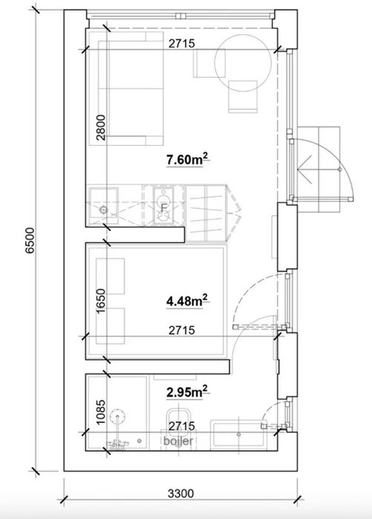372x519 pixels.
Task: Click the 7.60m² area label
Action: pyautogui.click(x=187, y=160)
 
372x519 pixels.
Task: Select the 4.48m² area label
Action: pyautogui.click(x=187, y=301)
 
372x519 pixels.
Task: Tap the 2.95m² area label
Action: pyautogui.click(x=187, y=392)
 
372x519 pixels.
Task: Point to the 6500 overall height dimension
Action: pyautogui.click(x=30, y=241)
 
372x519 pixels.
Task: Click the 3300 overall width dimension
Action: pyautogui.click(x=181, y=494)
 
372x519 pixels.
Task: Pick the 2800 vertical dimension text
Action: pyautogui.click(x=101, y=128)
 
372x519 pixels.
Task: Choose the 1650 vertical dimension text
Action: pyautogui.click(x=101, y=301)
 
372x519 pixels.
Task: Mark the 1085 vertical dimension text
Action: pyautogui.click(x=101, y=412)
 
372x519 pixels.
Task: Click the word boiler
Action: pyautogui.click(x=178, y=441)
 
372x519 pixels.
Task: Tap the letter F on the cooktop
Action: pyautogui.click(x=163, y=208)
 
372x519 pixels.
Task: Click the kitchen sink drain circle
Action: pyautogui.click(x=104, y=209)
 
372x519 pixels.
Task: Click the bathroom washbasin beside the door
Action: pyautogui.click(x=239, y=434)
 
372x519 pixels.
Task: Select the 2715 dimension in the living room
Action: pyautogui.click(x=182, y=43)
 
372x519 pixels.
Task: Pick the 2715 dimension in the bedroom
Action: pyautogui.click(x=182, y=330)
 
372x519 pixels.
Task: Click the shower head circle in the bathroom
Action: pyautogui.click(x=118, y=416)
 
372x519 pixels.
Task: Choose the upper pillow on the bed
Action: pyautogui.click(x=110, y=276)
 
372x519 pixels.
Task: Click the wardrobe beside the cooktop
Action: pyautogui.click(x=206, y=213)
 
